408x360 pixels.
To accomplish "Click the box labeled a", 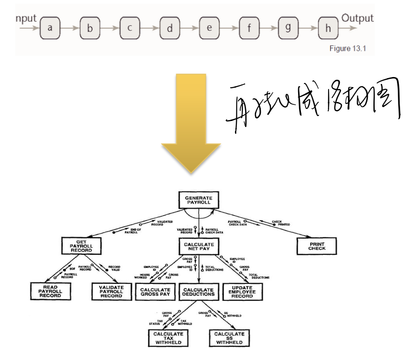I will coord(50,28).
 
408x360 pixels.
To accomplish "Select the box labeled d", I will coord(170,28).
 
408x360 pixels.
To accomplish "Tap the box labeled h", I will coord(328,28).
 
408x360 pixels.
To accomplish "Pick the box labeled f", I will coord(249,28).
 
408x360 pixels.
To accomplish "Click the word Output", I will coord(357,18).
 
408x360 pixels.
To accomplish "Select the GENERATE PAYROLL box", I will coord(198,200).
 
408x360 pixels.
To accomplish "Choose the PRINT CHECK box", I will coord(317,246).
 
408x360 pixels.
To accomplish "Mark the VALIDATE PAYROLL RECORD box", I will coord(111,292).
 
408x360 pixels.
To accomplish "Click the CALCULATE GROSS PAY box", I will coord(155,292).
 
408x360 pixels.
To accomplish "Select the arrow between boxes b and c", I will coord(110,28).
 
